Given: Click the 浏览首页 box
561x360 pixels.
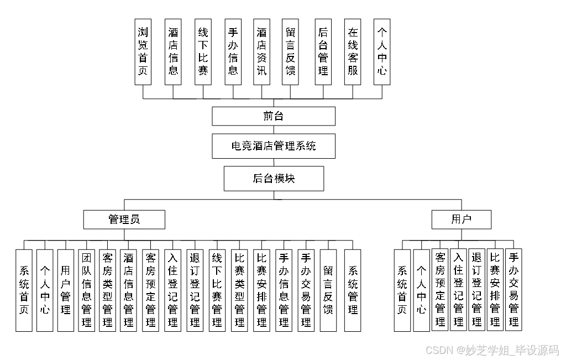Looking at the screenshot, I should point(143,51).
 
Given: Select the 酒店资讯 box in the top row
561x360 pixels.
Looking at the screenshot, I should point(261,51).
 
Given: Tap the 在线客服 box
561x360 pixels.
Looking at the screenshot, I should point(353,51).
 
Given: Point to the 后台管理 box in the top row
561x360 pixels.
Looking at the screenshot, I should point(323,51).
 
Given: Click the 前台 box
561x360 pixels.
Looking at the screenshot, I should point(274,116).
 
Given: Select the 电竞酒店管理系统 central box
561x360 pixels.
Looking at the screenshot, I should point(274,147).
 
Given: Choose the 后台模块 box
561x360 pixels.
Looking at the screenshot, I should point(274,179).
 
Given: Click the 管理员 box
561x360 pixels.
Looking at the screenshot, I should point(124,220).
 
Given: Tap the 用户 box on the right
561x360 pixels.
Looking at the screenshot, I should point(462,220).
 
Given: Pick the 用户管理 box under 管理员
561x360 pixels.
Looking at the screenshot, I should point(66,290).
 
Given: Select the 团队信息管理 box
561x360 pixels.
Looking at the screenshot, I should point(86,290).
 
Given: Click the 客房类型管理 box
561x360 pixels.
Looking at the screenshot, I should point(107,290).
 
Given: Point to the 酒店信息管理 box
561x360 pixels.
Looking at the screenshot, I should point(128,290).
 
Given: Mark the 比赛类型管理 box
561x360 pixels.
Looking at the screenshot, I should point(239,290).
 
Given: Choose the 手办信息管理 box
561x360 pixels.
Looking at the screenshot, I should point(284,290).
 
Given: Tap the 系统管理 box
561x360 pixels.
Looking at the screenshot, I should point(353,290).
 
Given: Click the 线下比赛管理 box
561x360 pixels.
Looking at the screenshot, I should point(217,290).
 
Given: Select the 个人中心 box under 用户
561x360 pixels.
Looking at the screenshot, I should point(421,290).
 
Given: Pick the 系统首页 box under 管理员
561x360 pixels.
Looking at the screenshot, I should point(24,290).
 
